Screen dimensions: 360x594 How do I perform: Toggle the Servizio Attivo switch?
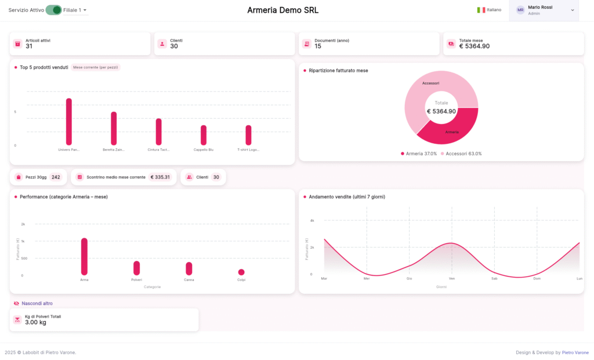pos(54,10)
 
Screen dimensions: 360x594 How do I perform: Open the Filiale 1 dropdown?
pos(75,10)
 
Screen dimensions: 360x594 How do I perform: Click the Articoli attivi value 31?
pos(29,46)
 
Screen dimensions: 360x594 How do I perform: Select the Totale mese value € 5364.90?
pos(474,46)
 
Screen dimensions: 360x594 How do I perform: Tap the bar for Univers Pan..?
pos(69,122)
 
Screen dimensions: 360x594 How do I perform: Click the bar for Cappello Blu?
pos(204,135)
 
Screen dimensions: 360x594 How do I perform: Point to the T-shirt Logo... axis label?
pos(248,150)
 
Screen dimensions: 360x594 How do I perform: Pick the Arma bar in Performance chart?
pos(84,256)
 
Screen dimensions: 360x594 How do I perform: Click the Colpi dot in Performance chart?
pos(241,272)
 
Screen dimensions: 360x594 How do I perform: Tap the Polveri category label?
pos(136,279)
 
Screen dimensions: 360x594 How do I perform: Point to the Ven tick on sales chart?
pos(451,278)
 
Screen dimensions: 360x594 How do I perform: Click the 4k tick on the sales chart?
pos(312,220)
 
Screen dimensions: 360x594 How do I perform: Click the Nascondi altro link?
pos(37,303)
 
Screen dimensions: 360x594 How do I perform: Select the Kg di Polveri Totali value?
pos(35,322)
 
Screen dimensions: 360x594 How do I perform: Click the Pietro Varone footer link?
pos(575,352)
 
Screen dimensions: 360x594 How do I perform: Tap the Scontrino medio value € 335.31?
pos(160,177)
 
